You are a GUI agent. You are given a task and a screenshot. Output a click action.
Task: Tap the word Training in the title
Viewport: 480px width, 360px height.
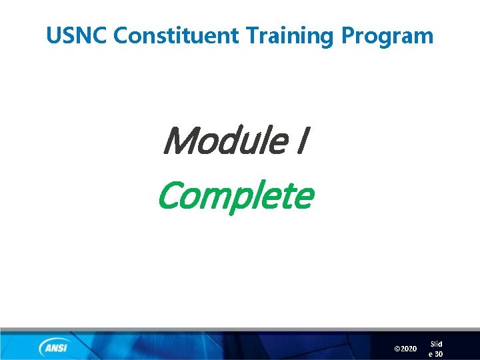pyautogui.click(x=288, y=36)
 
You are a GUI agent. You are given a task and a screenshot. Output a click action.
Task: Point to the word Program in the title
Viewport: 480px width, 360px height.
pyautogui.click(x=387, y=36)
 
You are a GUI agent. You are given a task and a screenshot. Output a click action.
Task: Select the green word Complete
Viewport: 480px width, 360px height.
pyautogui.click(x=235, y=196)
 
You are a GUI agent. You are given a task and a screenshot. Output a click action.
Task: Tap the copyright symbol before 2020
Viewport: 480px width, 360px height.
pyautogui.click(x=398, y=349)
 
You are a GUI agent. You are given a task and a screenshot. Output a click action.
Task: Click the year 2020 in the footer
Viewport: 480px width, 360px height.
pyautogui.click(x=409, y=349)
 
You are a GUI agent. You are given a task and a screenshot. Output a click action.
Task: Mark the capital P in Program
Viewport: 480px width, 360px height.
pyautogui.click(x=349, y=35)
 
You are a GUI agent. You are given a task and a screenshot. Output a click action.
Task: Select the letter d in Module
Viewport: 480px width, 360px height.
pyautogui.click(x=235, y=141)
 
